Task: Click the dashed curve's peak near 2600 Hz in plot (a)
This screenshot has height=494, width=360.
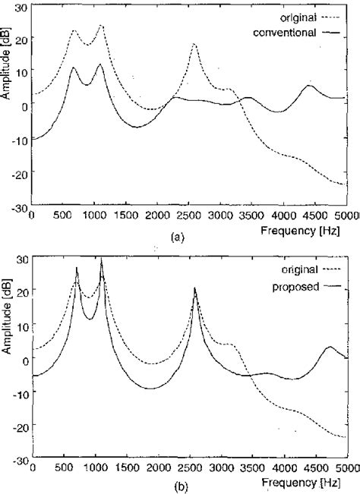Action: (x=194, y=45)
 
